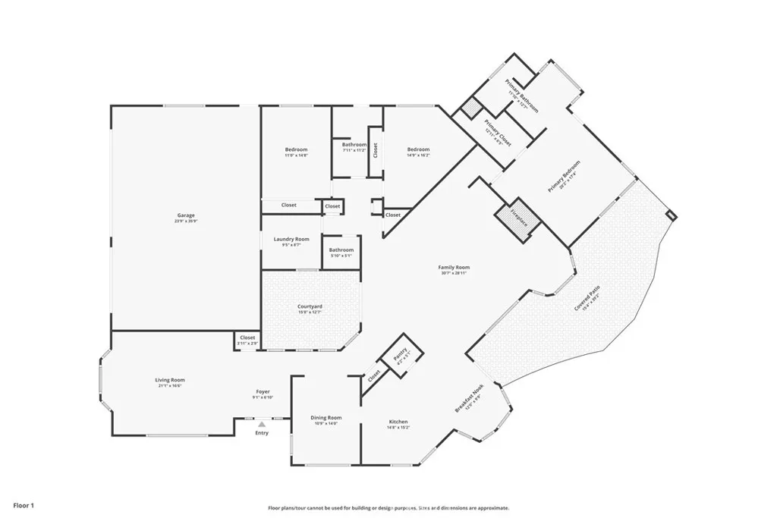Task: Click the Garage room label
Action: point(187,216)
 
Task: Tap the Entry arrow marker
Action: point(262,425)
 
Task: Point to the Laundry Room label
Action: point(291,239)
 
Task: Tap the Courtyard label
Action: point(310,306)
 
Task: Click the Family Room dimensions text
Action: point(454,273)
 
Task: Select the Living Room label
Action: point(171,380)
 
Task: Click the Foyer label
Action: point(263,392)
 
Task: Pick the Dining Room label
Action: point(326,418)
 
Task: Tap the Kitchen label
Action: point(398,422)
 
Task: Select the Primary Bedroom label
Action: point(564,176)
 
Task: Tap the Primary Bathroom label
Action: point(521,96)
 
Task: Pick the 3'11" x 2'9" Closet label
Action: point(247,338)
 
